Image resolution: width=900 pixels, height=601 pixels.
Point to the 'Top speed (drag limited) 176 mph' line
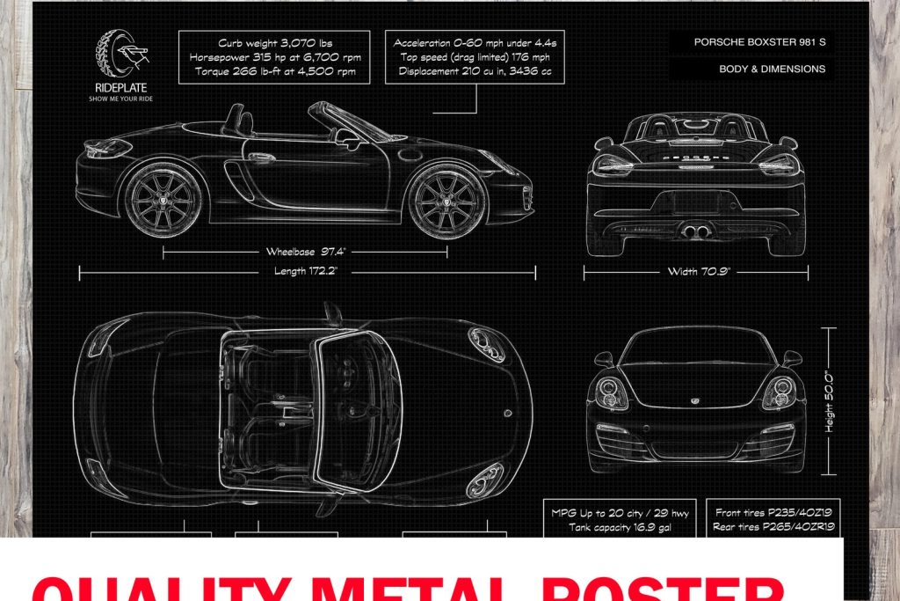click(475, 56)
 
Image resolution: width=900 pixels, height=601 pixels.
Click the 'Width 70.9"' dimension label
click(695, 271)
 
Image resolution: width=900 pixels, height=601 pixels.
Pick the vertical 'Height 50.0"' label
click(829, 401)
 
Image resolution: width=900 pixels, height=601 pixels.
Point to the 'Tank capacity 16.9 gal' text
click(621, 527)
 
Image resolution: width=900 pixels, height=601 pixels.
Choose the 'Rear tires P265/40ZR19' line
click(773, 527)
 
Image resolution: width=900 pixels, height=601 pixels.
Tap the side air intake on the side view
click(236, 180)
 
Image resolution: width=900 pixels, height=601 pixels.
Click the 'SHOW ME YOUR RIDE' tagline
click(121, 99)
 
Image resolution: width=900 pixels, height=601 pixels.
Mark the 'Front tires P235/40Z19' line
click(773, 512)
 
